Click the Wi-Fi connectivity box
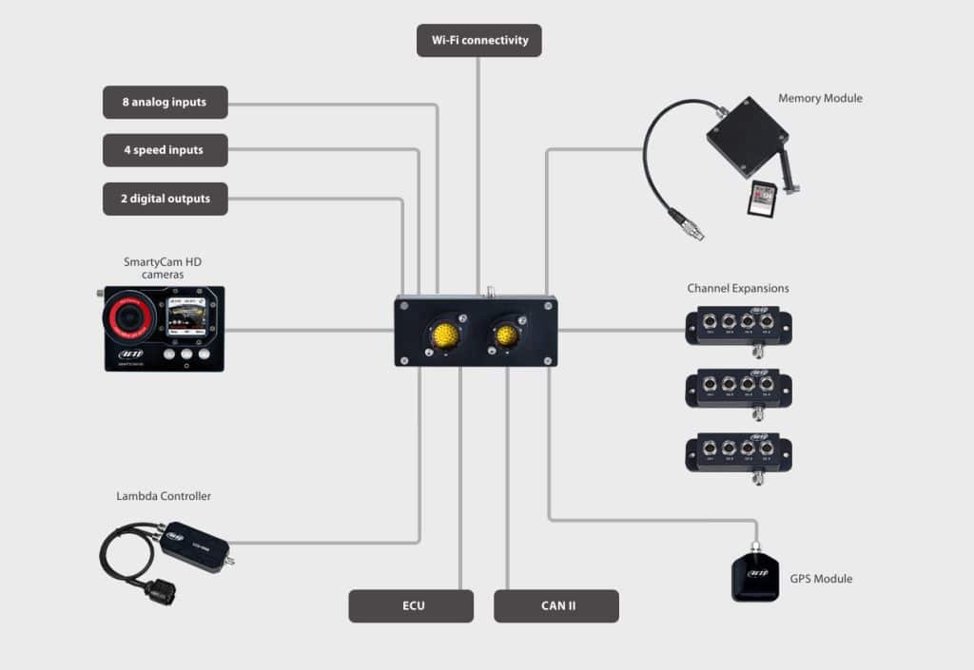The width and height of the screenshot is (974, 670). point(478,41)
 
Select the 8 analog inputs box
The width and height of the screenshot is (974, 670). point(165,103)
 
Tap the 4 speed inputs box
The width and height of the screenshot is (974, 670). point(165,150)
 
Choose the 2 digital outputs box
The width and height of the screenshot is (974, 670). point(165,199)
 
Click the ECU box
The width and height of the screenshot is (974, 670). point(411,605)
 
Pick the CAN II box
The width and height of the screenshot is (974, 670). point(555,605)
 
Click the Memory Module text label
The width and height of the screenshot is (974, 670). point(820,98)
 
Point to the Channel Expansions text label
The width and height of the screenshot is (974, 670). point(738,288)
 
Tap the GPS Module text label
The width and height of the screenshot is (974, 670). point(821,579)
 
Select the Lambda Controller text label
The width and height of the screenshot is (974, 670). point(164,496)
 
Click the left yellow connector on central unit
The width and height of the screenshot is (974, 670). point(443,335)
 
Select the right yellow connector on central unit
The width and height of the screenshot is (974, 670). point(507,335)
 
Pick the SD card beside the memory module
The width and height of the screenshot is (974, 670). point(763,199)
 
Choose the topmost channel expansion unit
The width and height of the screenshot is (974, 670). point(738,325)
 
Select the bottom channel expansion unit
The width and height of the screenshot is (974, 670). point(738,452)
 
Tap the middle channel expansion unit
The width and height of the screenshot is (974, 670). point(738,389)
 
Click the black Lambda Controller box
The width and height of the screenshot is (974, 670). point(194,542)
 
